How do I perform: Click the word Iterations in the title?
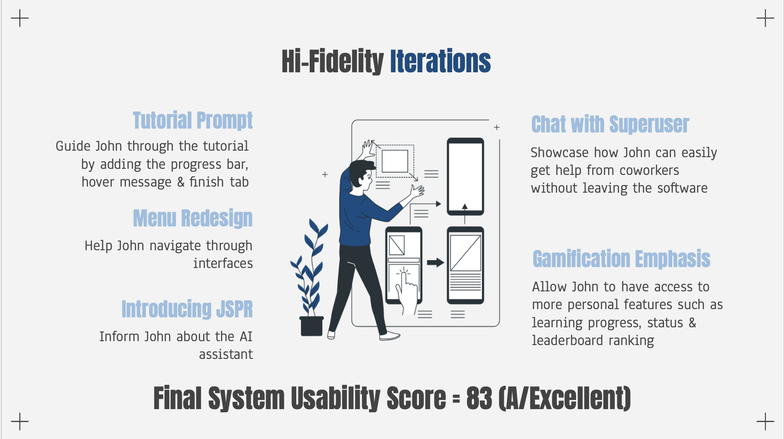[440, 61]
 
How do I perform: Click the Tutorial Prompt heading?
[193, 120]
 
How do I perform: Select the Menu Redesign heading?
[193, 218]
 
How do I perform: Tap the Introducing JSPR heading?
[187, 309]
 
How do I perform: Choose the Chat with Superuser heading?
[610, 125]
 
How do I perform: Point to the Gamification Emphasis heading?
[621, 259]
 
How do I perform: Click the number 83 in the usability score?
[479, 398]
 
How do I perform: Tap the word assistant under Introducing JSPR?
[226, 355]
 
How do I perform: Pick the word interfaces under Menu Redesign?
[223, 263]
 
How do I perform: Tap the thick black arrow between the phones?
[435, 262]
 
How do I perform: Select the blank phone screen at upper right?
[465, 176]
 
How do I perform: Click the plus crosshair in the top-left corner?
[20, 18]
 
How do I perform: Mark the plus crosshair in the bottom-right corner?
[765, 421]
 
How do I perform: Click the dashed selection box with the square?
[395, 161]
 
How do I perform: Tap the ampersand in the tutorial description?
[181, 182]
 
